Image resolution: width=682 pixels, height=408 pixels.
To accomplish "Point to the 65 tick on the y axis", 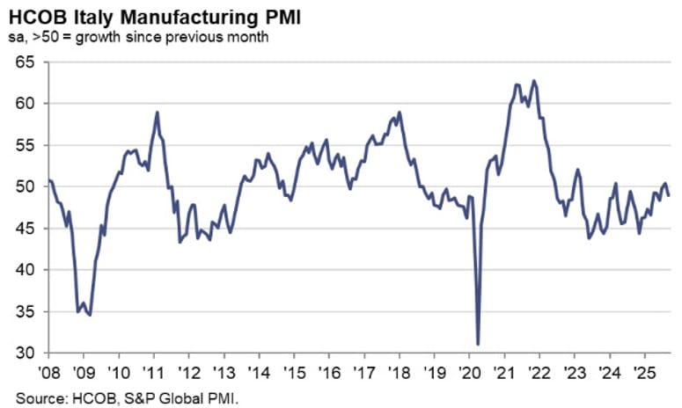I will coord(26,62).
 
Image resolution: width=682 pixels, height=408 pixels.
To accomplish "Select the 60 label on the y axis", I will coord(26,103).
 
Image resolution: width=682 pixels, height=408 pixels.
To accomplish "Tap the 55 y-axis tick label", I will coord(26,145).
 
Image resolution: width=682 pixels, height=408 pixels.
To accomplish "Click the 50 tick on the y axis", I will coord(26,186).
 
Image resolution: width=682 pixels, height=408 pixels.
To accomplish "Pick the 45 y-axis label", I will coord(26,229).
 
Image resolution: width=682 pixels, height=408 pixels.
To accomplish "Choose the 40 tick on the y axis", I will coord(26,270).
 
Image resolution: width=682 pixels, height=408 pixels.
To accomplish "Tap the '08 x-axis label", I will coord(49,369).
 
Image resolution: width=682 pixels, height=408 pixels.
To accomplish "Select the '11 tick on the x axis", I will coord(153,369).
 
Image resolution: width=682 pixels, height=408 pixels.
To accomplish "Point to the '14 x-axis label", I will coord(258,369).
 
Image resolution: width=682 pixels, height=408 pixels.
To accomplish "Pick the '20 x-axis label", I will coord(468,369).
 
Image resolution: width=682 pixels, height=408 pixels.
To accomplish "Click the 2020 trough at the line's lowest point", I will coord(478,344).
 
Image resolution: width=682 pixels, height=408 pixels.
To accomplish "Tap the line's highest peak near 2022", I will coord(534,81).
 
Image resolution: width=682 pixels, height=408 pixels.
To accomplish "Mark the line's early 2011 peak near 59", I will coord(157,113).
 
